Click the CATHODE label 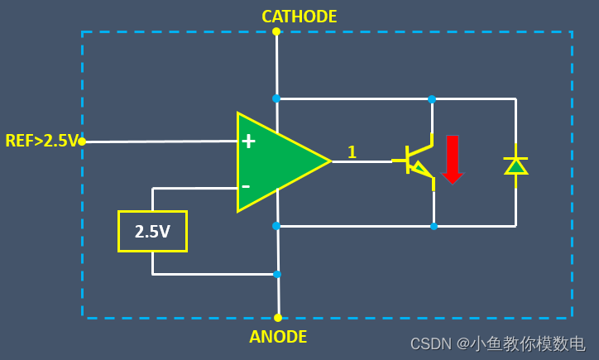(299, 17)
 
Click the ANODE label (278, 337)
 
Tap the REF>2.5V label (41, 141)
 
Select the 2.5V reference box (152, 231)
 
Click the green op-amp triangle (277, 162)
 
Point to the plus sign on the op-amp (247, 142)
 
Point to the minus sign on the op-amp (246, 185)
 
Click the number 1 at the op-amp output (352, 151)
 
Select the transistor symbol (419, 161)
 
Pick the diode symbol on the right (516, 166)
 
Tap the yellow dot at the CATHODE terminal (276, 31)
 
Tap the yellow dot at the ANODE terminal (278, 318)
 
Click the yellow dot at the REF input (82, 142)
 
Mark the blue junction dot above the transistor (432, 98)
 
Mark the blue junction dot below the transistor (433, 225)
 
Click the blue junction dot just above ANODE (277, 274)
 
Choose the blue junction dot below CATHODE (276, 98)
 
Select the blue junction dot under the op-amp (276, 225)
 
